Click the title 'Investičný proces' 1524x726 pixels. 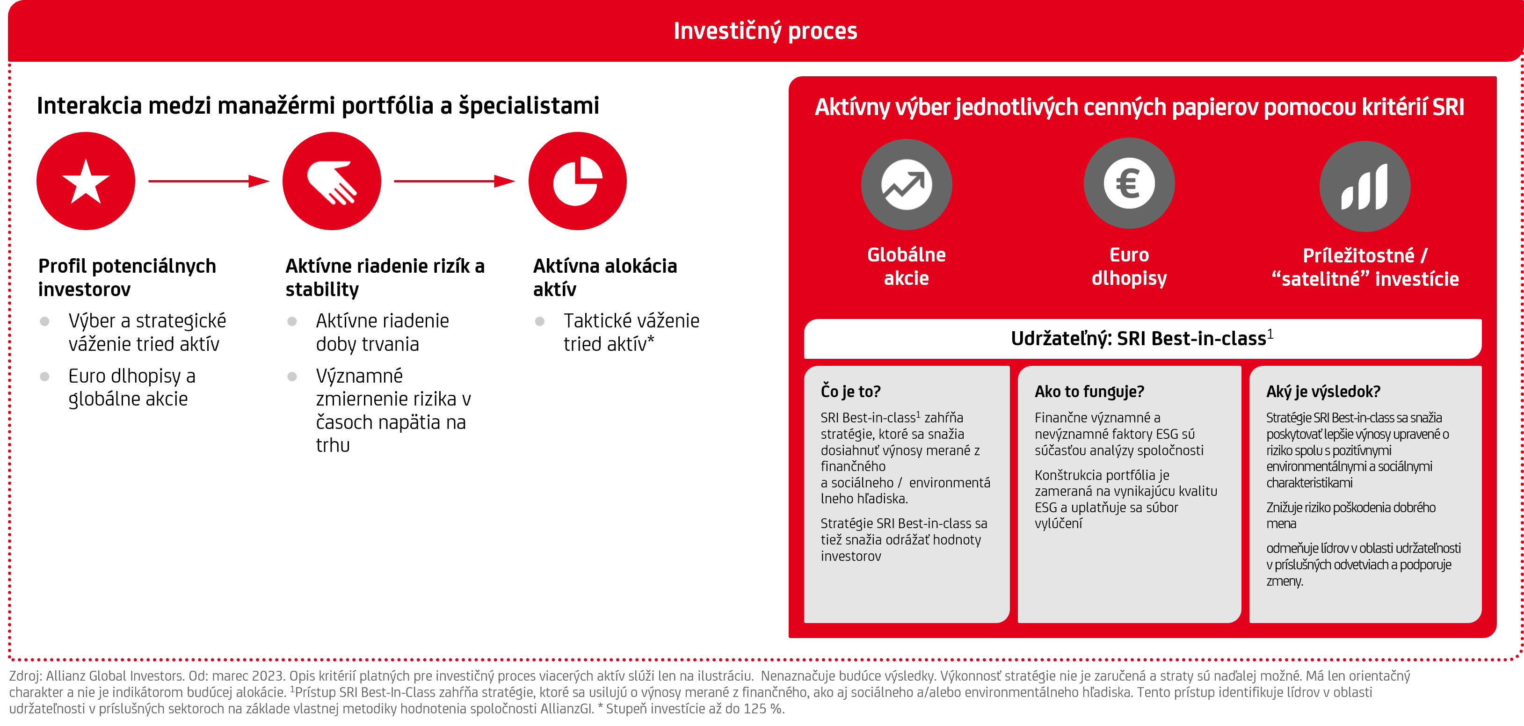pos(765,31)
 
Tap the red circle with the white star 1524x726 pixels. pos(86,181)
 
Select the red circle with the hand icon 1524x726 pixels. pos(332,181)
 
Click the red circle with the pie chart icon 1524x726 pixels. pos(577,181)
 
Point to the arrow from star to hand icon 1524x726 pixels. pos(209,181)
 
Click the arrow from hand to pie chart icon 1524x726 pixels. pos(454,181)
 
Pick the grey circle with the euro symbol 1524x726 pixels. pos(1129,183)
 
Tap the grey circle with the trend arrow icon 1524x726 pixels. pos(907,185)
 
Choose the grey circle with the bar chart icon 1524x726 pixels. pos(1365,186)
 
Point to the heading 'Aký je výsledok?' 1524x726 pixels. pos(1323,392)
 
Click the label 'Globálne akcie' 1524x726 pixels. pos(907,266)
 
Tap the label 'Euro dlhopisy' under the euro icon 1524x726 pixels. pos(1129,266)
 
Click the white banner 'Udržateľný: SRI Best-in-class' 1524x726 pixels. pos(1142,339)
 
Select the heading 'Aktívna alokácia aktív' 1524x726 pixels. pos(605,277)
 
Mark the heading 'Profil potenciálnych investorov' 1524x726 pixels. pos(127,277)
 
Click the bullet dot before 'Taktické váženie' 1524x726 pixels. pos(539,321)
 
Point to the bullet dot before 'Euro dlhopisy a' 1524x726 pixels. pos(44,376)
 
